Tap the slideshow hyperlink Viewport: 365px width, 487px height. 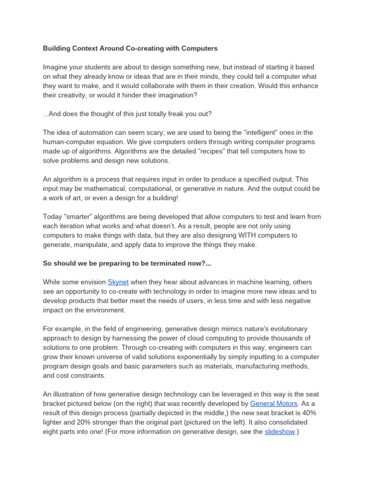(x=279, y=432)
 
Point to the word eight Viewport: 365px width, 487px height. (x=52, y=432)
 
